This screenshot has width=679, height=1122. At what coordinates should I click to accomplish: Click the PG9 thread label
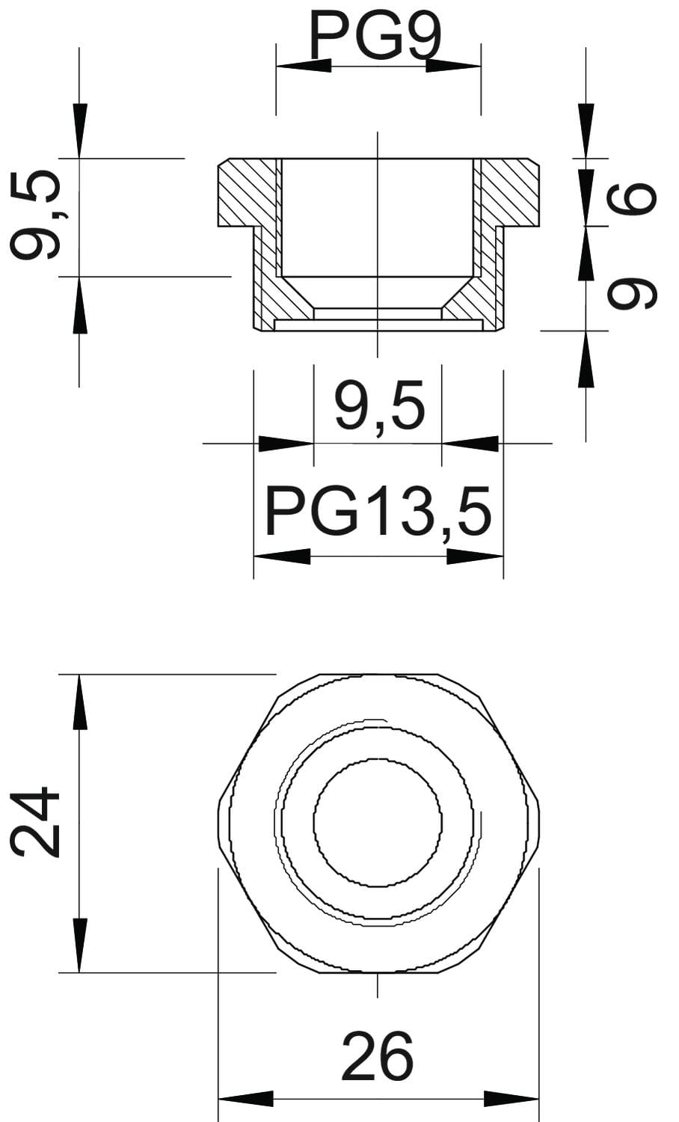(x=375, y=35)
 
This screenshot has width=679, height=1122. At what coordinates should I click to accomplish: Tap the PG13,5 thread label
(x=378, y=512)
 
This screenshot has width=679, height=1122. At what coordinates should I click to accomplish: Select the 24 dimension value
(x=35, y=821)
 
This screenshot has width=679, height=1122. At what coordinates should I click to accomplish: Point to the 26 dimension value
(x=378, y=1055)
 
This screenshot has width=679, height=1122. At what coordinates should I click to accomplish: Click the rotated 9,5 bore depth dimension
(x=35, y=215)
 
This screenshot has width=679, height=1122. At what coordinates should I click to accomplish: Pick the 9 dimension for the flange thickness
(x=631, y=199)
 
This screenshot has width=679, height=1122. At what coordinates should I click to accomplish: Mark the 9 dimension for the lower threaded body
(x=631, y=294)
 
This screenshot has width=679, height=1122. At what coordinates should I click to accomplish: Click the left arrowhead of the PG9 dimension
(x=304, y=66)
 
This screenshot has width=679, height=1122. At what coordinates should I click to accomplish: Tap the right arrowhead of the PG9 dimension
(x=453, y=66)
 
